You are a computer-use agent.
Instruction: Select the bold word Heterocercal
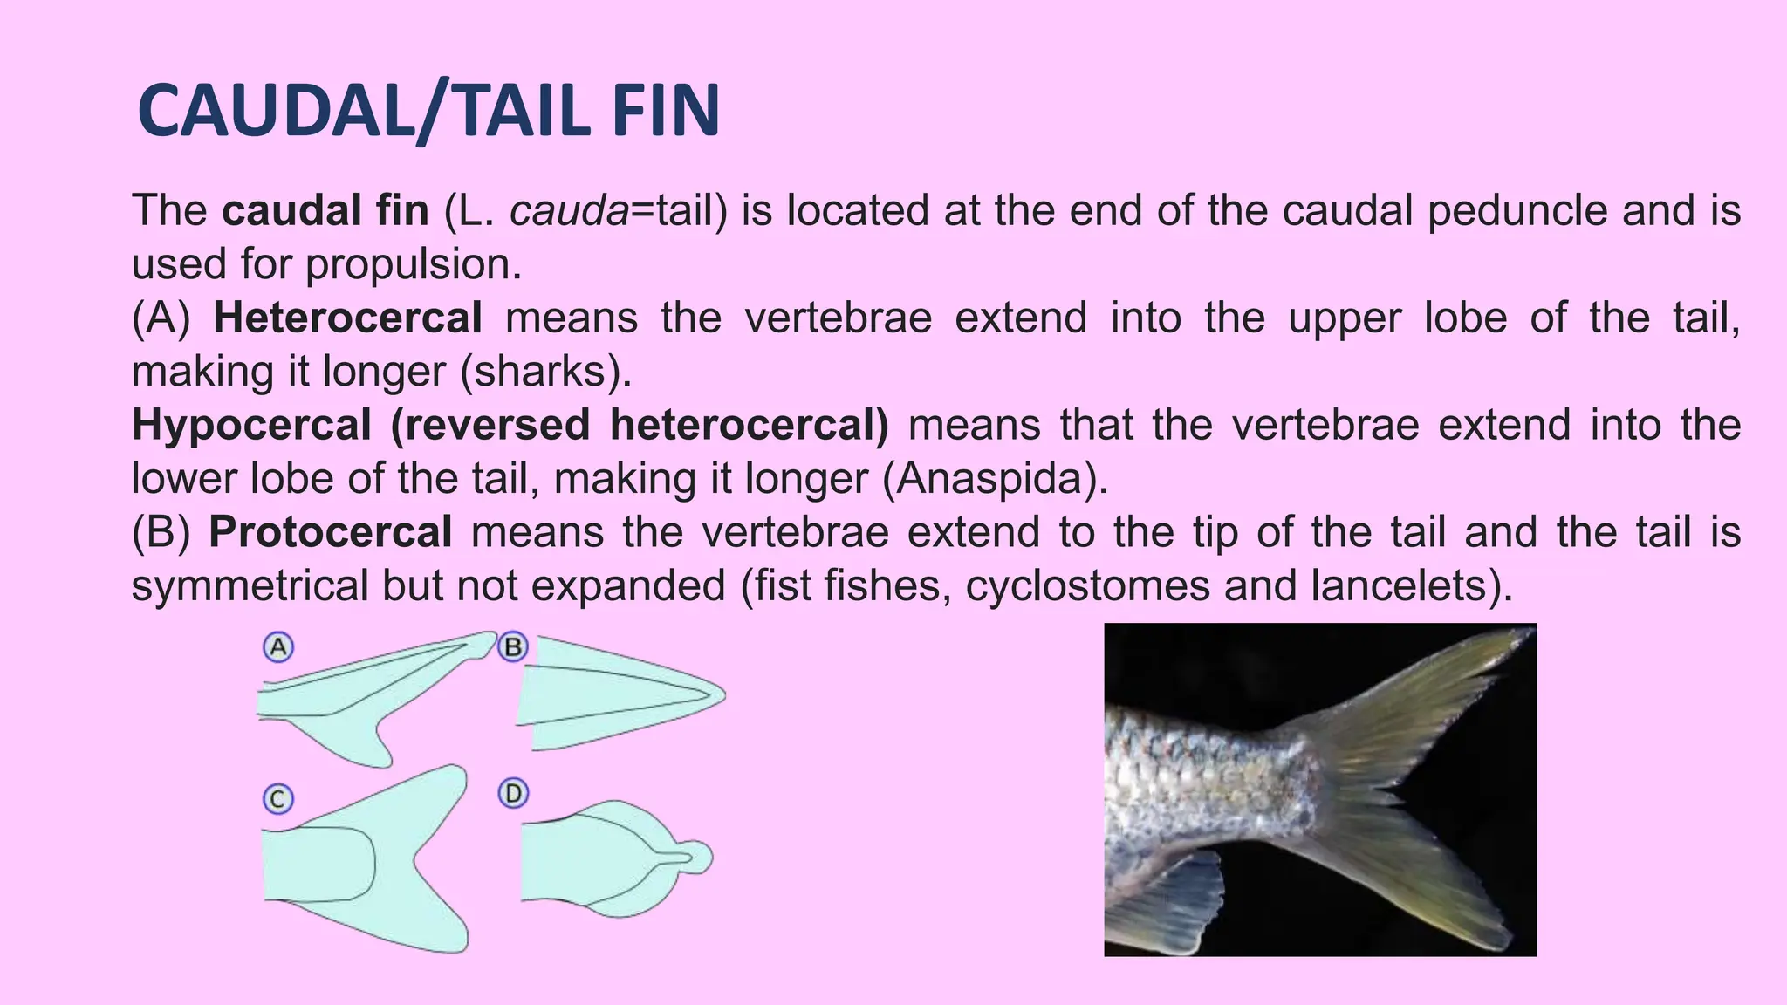347,318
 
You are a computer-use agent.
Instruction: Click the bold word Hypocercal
251,426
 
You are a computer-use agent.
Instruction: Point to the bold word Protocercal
331,532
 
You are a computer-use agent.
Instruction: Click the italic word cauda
569,211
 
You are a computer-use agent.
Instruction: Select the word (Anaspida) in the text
995,479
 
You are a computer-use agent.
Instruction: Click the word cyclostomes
1087,586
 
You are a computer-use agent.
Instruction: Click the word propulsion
413,264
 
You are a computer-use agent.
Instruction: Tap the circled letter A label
277,647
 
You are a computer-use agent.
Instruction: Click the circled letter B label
513,647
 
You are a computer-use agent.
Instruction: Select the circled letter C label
277,799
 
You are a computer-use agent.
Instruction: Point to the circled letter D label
513,794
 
